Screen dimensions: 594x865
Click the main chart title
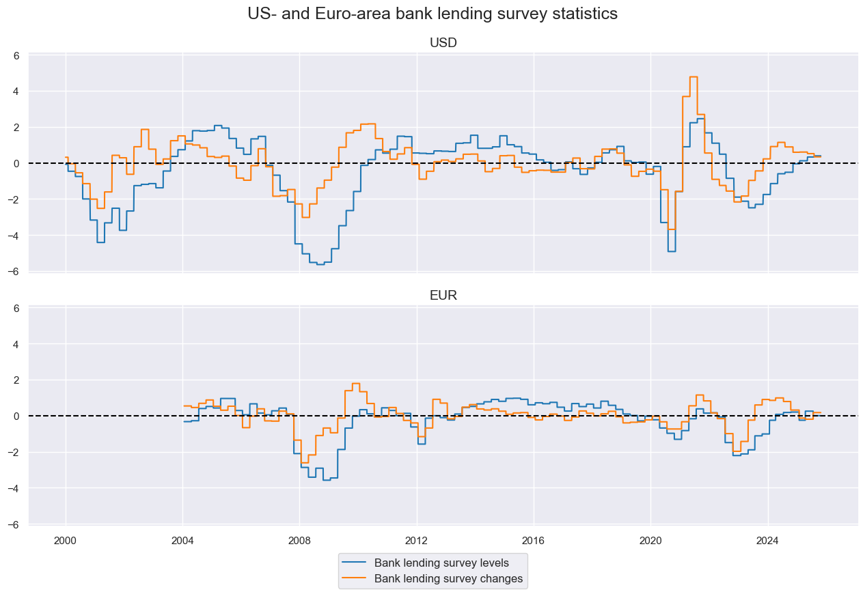click(432, 14)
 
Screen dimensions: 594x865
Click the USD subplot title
click(443, 43)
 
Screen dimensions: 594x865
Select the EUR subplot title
click(443, 296)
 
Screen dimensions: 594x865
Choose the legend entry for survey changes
click(448, 579)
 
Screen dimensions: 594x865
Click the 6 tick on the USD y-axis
click(18, 55)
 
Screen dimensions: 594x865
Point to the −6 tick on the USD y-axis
click(15, 272)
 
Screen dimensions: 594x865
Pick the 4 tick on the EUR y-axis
click(18, 344)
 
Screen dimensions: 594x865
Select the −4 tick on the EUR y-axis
click(15, 488)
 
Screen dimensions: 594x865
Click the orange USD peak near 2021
click(693, 77)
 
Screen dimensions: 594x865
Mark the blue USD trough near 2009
click(320, 264)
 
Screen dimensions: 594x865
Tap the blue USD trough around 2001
click(100, 242)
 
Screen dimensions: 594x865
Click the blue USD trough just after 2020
click(671, 251)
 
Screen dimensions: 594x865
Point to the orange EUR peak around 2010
click(355, 384)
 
